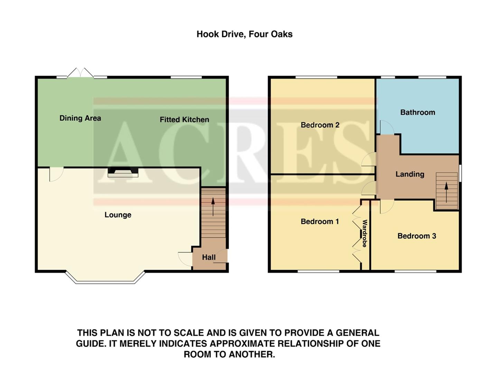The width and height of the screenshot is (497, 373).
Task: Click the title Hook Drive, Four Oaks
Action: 244,34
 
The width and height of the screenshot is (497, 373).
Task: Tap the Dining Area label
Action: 80,118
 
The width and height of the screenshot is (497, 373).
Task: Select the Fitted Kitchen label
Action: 184,119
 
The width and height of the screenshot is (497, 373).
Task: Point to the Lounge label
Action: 118,215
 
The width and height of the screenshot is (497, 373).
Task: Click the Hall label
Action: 209,257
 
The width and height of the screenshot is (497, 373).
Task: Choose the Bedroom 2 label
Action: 320,125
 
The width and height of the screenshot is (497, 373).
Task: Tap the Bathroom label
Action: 418,112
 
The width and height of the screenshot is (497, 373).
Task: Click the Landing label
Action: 410,174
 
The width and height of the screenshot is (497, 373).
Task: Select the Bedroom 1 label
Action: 320,221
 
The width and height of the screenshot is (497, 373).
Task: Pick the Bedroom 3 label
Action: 417,236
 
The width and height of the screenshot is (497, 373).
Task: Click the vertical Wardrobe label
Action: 365,233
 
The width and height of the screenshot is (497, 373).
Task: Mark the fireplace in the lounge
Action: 123,172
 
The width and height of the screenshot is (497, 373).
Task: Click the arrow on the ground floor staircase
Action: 213,207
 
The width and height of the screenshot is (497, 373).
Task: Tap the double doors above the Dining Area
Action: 80,73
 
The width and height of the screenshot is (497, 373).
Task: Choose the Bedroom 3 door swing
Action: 387,206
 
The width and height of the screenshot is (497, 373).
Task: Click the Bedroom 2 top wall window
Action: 316,77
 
